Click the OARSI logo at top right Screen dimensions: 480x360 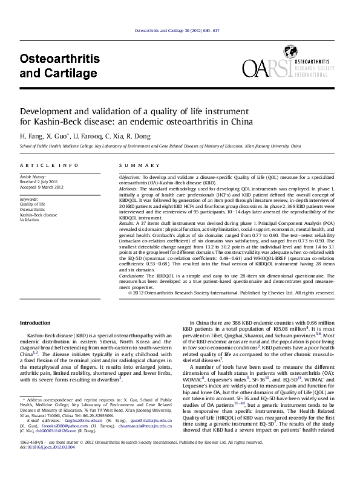287,71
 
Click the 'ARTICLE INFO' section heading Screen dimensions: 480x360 49,165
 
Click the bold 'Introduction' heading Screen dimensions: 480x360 36,323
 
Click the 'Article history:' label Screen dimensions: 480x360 33,177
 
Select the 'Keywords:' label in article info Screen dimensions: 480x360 30,198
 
